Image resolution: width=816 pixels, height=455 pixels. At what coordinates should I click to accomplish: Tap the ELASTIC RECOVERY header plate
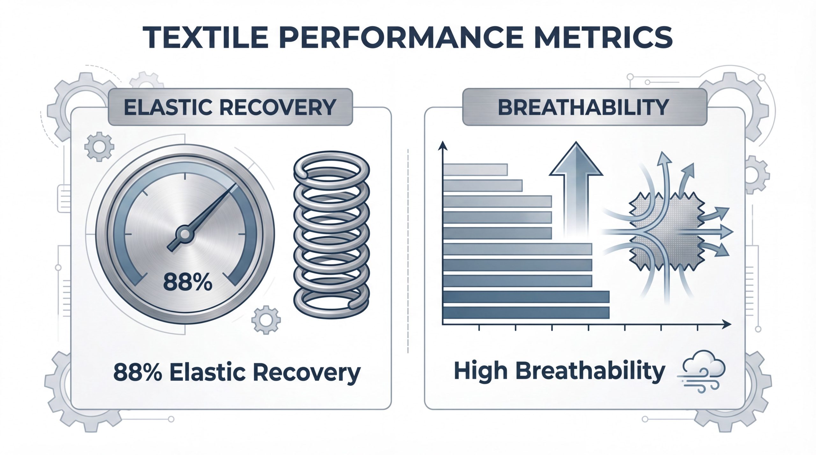tap(230, 107)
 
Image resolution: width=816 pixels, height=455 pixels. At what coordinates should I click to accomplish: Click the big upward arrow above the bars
tap(576, 191)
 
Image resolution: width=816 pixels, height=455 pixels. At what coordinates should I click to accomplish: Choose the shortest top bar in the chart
tap(475, 169)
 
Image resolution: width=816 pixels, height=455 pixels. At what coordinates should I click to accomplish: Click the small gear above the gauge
tap(99, 147)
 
